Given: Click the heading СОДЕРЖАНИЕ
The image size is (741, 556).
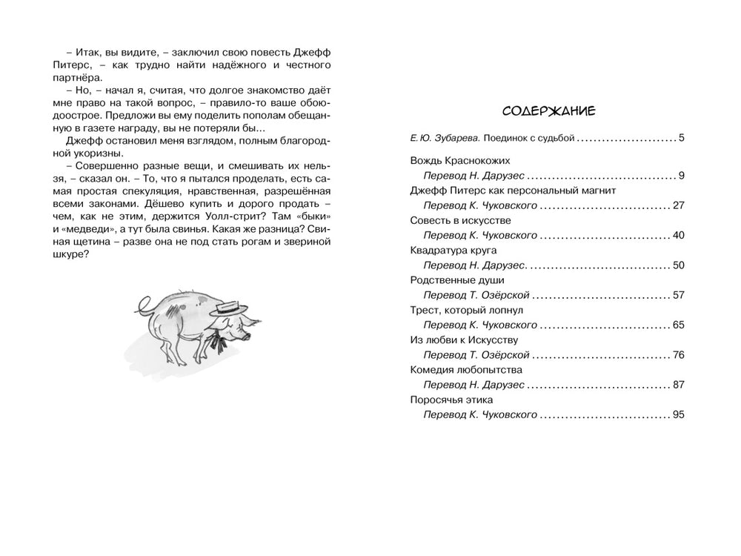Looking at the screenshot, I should [x=549, y=111].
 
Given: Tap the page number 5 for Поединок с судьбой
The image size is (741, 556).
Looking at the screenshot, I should [x=681, y=138].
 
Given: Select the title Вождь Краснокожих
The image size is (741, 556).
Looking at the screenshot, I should [x=459, y=160].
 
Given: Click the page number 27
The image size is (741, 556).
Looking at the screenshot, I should [x=678, y=205].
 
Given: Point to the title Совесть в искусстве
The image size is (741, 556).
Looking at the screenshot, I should [x=460, y=220].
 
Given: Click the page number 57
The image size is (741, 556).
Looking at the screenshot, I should [x=678, y=295].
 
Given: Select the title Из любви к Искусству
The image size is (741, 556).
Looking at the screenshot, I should [x=464, y=340].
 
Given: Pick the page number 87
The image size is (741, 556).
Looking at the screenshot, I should [x=678, y=385].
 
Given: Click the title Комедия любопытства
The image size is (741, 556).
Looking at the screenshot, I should [x=466, y=369].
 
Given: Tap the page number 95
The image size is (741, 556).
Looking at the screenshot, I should [x=678, y=414].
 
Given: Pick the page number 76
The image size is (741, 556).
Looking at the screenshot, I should [x=678, y=355].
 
